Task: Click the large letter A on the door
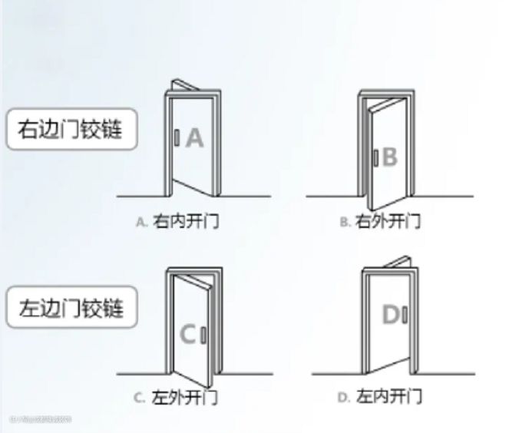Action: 194,138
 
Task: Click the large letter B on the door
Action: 390,157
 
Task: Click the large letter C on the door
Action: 188,334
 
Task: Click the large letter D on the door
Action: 391,315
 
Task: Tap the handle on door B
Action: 375,158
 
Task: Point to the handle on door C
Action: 203,335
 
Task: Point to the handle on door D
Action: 405,315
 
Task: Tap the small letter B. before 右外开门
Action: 345,223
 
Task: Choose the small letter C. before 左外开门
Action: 139,398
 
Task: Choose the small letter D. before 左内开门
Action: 343,398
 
